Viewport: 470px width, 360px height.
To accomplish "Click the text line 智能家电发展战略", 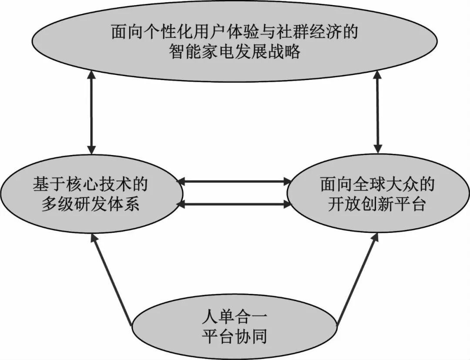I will coord(235,52).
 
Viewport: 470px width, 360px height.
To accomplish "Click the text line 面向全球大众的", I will coord(377,185).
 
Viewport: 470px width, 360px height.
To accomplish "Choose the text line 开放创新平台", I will coord(377,204).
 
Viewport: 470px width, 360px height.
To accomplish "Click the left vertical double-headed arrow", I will coord(91,113).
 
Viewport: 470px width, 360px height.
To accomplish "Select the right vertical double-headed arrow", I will coord(378,113).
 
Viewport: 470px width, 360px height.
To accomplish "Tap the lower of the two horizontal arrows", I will coord(235,203).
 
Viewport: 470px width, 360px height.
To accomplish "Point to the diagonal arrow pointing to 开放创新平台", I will coord(357,279).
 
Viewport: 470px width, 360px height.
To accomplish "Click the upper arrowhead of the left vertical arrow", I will coord(91,77).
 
